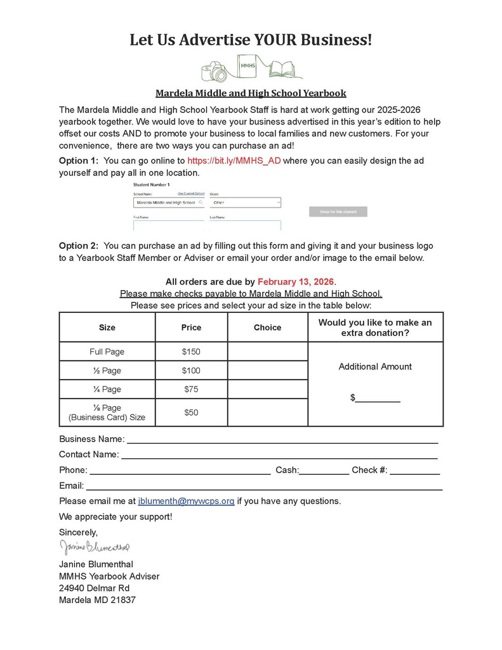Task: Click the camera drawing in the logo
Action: (x=215, y=72)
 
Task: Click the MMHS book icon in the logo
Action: (x=247, y=65)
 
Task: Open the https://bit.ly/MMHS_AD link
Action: (x=234, y=161)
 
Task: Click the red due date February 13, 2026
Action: (x=296, y=281)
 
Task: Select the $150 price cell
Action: (x=191, y=352)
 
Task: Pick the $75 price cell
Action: (x=191, y=389)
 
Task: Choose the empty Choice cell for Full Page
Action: (x=267, y=352)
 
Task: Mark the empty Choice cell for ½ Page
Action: (x=267, y=370)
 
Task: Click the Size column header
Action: (x=107, y=328)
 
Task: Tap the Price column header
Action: (x=191, y=328)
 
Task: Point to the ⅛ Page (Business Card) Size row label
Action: (x=107, y=413)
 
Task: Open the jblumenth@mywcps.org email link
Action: (x=186, y=501)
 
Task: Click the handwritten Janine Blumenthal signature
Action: (x=95, y=547)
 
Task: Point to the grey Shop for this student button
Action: (x=338, y=211)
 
